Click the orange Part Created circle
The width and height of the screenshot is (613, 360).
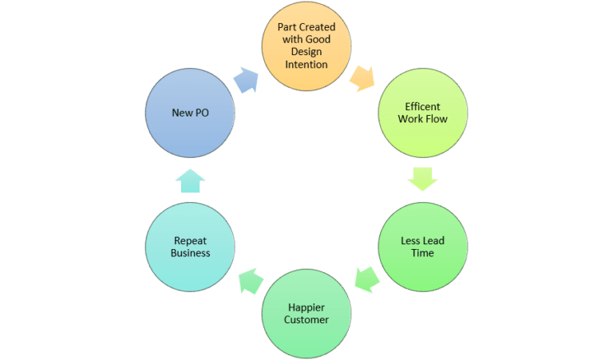click(306, 45)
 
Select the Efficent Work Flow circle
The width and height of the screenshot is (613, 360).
click(422, 113)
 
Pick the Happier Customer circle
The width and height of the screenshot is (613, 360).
click(306, 313)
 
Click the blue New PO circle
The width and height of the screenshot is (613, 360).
click(191, 113)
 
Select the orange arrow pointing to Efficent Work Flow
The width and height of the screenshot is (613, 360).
click(362, 77)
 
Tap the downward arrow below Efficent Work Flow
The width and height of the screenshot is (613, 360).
click(422, 179)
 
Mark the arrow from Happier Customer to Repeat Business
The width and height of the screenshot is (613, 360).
click(248, 280)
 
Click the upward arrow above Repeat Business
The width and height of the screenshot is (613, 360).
click(190, 180)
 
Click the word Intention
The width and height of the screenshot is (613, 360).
click(306, 64)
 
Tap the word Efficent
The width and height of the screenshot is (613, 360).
click(422, 107)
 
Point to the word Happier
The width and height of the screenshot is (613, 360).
click(306, 307)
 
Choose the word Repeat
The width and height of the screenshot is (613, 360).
click(191, 240)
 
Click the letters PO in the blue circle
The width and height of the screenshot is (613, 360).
click(201, 113)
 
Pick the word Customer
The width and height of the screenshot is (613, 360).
click(306, 319)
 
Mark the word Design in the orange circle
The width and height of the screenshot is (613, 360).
click(306, 51)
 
